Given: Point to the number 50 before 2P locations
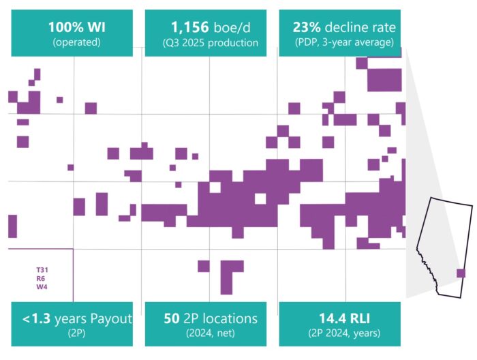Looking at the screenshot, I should click(x=172, y=318).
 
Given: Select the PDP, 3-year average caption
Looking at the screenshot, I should click(x=339, y=43).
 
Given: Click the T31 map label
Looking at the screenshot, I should click(x=42, y=270).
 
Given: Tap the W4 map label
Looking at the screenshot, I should click(x=42, y=287).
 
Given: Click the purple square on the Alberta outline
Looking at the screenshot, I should click(x=461, y=273).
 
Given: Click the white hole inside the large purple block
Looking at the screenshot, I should click(x=260, y=198).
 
